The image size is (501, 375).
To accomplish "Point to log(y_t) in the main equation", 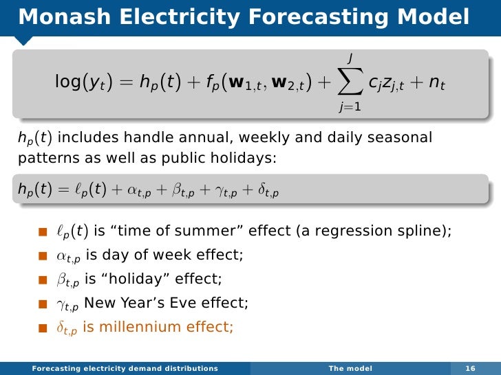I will (x=85, y=83).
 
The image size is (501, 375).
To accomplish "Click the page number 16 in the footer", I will (x=471, y=368).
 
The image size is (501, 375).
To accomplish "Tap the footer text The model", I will (x=350, y=368).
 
